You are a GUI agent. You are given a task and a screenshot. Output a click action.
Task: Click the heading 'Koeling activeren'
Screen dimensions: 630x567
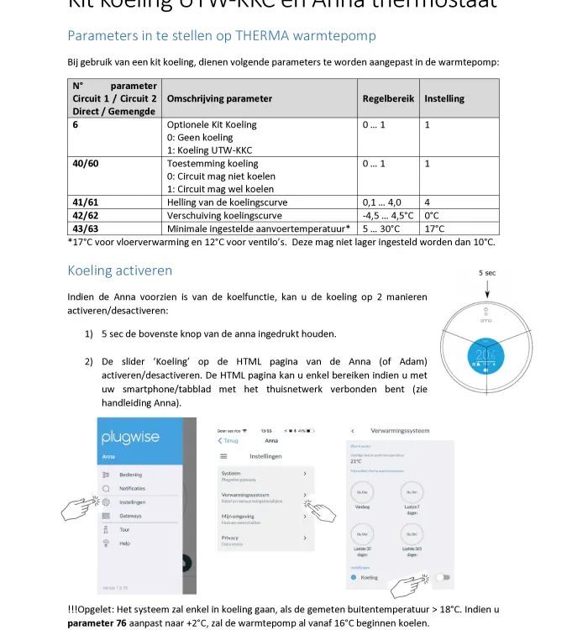[119, 270]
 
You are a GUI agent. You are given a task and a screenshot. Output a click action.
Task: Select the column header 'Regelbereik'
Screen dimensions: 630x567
[388, 98]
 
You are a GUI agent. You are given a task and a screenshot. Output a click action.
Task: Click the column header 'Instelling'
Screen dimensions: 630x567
[444, 98]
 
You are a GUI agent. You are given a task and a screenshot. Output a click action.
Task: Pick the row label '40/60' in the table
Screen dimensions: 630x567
[86, 164]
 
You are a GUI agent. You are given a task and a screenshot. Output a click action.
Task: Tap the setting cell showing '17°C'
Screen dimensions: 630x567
[434, 228]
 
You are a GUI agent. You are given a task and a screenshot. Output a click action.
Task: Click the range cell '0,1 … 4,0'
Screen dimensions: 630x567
[382, 202]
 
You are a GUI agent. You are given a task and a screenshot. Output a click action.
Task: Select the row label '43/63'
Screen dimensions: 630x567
[86, 228]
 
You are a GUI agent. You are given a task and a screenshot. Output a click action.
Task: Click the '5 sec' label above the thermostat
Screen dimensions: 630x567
[487, 273]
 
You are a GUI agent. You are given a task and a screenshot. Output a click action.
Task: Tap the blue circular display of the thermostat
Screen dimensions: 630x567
[486, 355]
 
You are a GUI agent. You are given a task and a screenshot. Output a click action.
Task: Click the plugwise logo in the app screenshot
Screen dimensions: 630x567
[125, 438]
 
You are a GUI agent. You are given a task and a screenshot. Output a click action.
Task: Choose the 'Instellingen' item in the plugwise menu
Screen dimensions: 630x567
[132, 502]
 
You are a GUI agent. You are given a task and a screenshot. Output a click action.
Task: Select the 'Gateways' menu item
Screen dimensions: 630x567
[130, 516]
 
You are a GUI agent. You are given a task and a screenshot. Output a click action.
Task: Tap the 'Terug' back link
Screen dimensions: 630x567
[228, 440]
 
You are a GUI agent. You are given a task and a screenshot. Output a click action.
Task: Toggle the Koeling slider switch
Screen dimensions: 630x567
[443, 578]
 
